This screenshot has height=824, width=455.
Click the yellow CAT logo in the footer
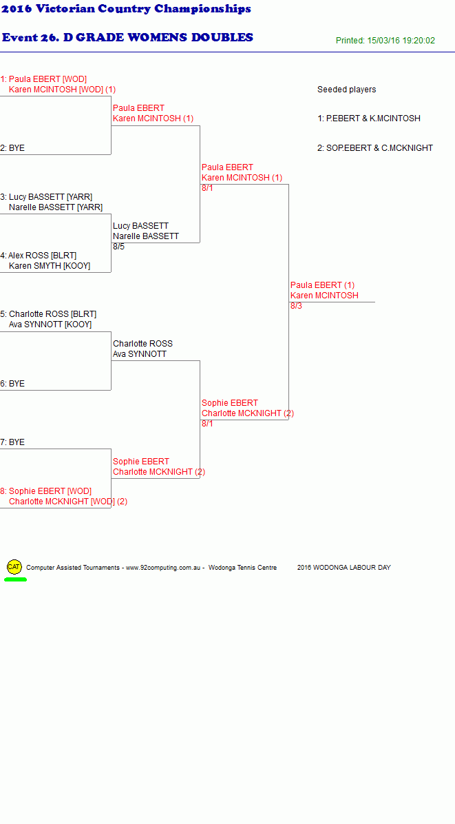(14, 567)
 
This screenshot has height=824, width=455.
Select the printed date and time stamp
(385, 41)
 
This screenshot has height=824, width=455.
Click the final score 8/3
(296, 306)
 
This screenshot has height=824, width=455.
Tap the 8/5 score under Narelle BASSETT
(118, 247)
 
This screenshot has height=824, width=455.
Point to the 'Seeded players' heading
(346, 90)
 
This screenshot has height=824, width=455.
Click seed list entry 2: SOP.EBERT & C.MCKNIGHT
(374, 148)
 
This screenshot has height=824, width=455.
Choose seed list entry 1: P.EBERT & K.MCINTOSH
(369, 119)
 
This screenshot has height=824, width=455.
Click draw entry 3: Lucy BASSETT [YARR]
(46, 197)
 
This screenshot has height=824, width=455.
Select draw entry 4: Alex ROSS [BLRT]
(39, 256)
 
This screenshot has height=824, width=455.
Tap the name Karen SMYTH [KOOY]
(50, 266)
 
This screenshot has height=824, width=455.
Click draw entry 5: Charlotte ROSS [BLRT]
(48, 314)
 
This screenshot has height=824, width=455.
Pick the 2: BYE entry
(12, 148)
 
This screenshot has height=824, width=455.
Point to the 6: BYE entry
(12, 384)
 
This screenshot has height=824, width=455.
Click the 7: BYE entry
(12, 442)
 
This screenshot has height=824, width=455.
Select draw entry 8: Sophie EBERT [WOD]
(45, 491)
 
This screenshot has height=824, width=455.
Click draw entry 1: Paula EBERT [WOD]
(43, 79)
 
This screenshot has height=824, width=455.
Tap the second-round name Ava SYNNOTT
(140, 354)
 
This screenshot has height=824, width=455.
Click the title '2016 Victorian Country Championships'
(127, 9)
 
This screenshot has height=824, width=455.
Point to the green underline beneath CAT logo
(15, 579)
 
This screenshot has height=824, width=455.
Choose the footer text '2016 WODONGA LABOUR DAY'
(343, 568)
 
